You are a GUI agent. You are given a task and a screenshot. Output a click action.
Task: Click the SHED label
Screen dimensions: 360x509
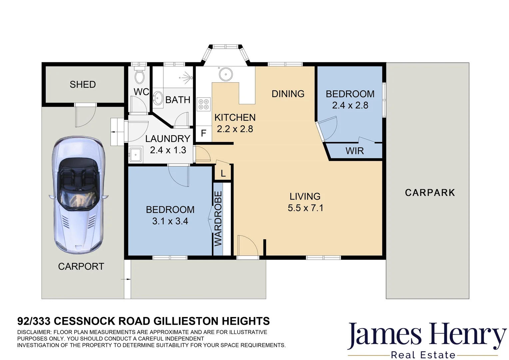coord(83,85)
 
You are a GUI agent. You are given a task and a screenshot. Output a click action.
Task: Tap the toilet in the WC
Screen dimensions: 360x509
coord(139,76)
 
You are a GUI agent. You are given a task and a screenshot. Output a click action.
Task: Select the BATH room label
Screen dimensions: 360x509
coord(178,100)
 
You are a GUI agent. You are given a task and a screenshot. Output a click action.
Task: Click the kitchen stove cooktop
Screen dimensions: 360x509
coord(204,104)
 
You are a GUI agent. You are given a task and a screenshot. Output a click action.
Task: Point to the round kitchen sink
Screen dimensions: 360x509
coord(226,73)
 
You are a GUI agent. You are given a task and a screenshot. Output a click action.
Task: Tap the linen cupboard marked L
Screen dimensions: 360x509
coord(223,174)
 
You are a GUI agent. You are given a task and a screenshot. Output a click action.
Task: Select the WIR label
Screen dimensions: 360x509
coord(354,151)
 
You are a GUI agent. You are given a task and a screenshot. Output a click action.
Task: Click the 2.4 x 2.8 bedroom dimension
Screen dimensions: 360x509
coord(350,105)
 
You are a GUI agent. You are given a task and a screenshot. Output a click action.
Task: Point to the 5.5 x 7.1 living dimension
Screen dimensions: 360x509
coord(305,208)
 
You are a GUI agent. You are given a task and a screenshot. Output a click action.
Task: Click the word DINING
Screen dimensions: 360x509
coord(288,94)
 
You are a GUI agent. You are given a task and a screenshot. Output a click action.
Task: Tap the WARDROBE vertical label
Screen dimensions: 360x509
coord(218,218)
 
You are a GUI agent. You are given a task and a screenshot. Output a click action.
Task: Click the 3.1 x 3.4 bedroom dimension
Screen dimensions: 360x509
coord(170,221)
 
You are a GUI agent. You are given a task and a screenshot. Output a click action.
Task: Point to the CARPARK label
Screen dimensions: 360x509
coord(430,193)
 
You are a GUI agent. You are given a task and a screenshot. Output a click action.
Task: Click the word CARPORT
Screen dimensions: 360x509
coord(81,266)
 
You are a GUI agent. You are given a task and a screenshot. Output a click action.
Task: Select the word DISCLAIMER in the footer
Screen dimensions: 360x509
coord(34,332)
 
